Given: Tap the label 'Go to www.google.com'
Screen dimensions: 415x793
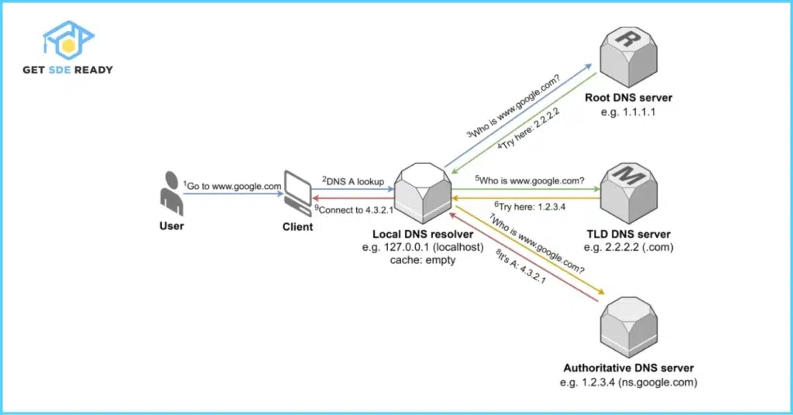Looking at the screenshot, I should point(232,186).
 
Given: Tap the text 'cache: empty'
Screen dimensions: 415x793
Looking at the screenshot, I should point(423,261).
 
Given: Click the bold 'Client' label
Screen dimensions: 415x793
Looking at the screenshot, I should point(298,227).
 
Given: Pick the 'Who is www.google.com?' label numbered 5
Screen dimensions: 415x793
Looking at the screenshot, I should point(530,180).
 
